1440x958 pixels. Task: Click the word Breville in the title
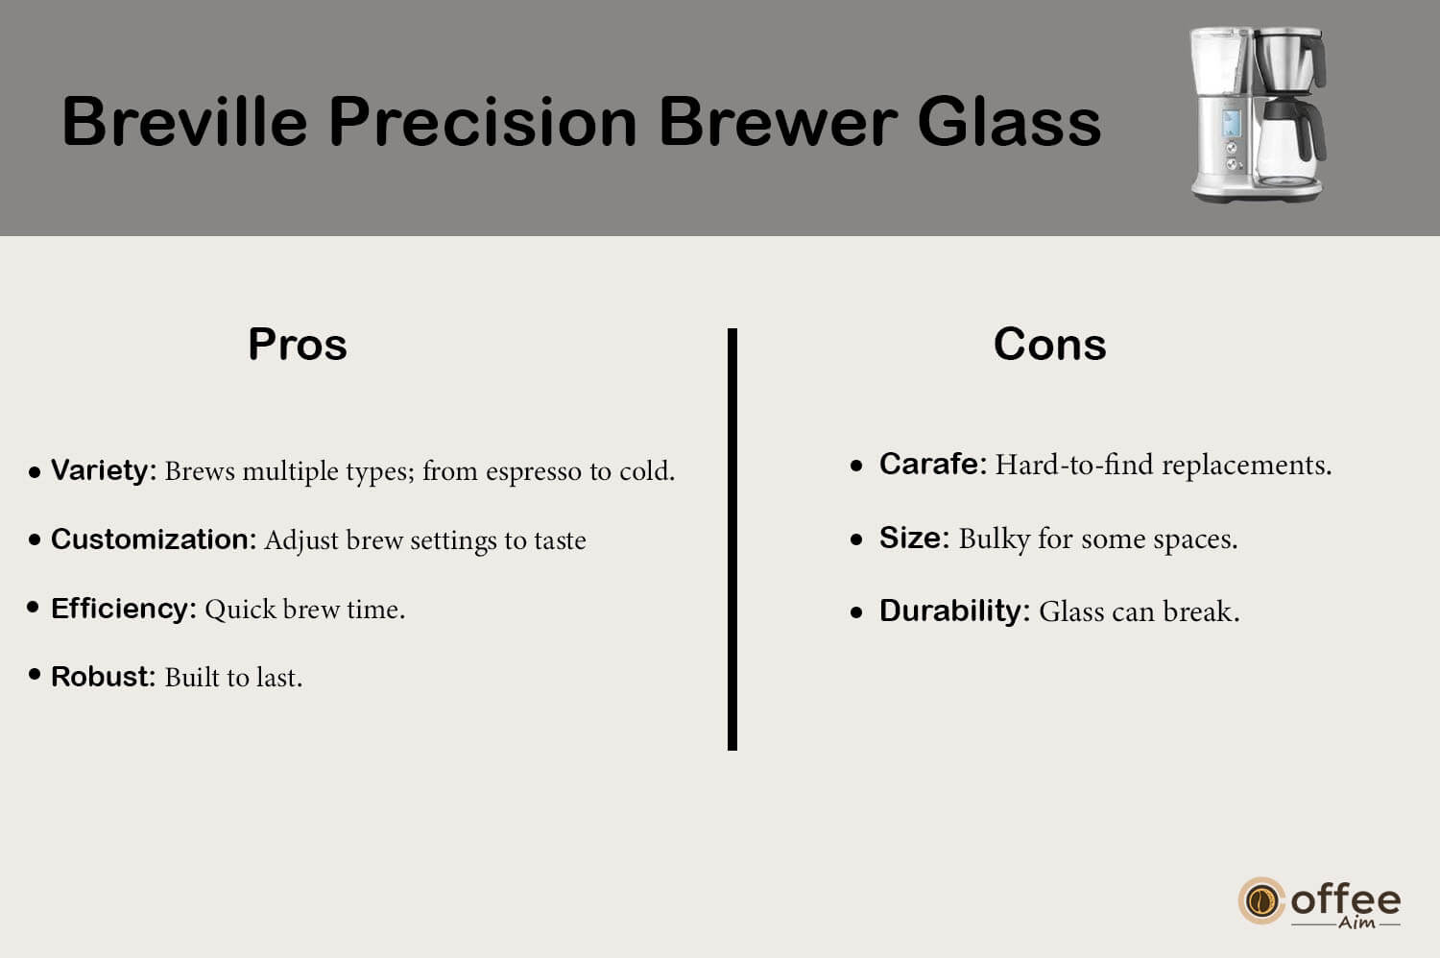[x=185, y=122]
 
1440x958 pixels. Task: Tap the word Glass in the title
[x=1009, y=122]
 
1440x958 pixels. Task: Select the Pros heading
[x=298, y=344]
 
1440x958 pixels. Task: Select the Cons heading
[x=1050, y=344]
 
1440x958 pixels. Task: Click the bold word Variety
[x=100, y=471]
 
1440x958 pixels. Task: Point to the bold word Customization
[x=150, y=539]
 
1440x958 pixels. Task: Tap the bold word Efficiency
[x=120, y=609]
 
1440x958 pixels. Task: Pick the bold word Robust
[x=100, y=677]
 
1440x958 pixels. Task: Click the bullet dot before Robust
[x=35, y=674]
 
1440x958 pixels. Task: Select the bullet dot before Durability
[x=855, y=612]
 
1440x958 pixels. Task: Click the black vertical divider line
[x=732, y=539]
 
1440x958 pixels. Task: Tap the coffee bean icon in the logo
[x=1261, y=900]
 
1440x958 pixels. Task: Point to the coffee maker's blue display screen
[x=1231, y=123]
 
